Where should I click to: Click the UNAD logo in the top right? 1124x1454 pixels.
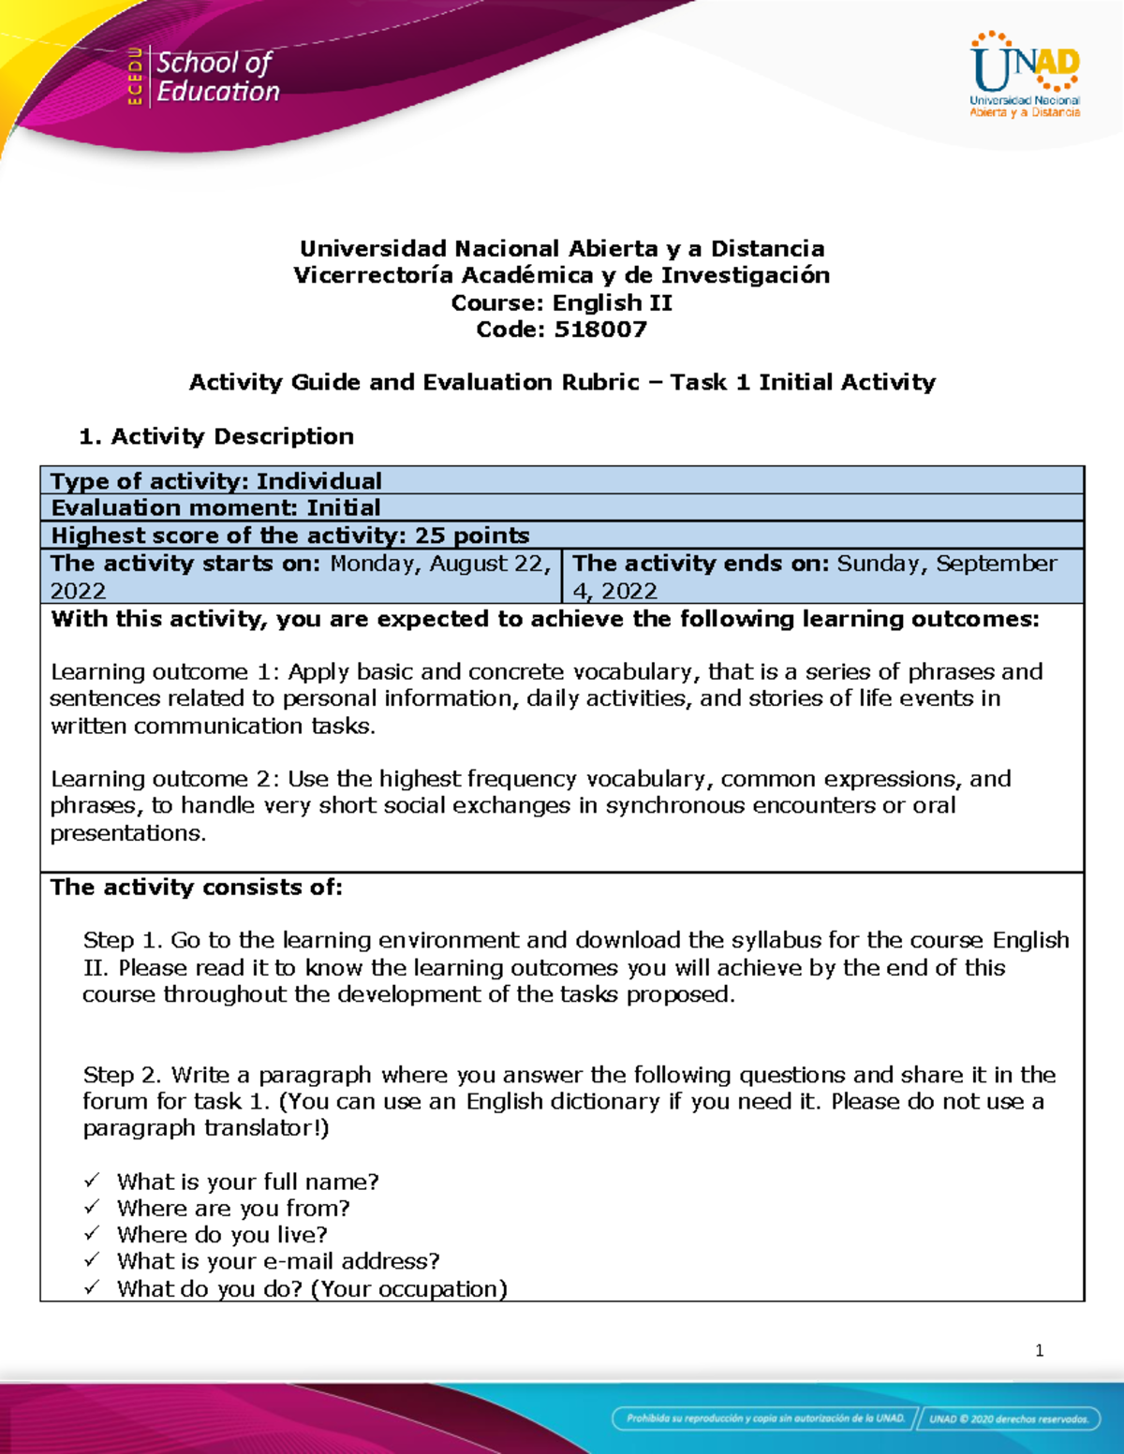tap(1025, 74)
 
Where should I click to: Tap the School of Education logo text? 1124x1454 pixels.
tap(216, 77)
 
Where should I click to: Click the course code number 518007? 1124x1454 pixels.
tap(600, 330)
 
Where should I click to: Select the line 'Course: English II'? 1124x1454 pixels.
tap(561, 302)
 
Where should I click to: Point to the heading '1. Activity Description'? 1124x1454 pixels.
tap(216, 436)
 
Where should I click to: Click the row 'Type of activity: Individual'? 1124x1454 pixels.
tap(216, 481)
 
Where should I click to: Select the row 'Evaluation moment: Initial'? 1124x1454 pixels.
tap(215, 508)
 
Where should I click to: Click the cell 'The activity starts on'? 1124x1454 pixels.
tap(301, 576)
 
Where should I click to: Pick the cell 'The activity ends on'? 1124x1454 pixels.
tap(822, 576)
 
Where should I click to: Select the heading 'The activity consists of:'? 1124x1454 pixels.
tap(197, 888)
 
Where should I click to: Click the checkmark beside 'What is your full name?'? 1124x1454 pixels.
tap(92, 1182)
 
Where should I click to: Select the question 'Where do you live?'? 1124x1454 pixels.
tap(222, 1235)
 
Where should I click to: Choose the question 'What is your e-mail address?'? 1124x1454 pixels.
tap(278, 1261)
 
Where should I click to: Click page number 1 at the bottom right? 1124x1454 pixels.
tap(1039, 1350)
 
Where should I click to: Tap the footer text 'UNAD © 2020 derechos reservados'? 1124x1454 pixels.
tap(1008, 1418)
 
